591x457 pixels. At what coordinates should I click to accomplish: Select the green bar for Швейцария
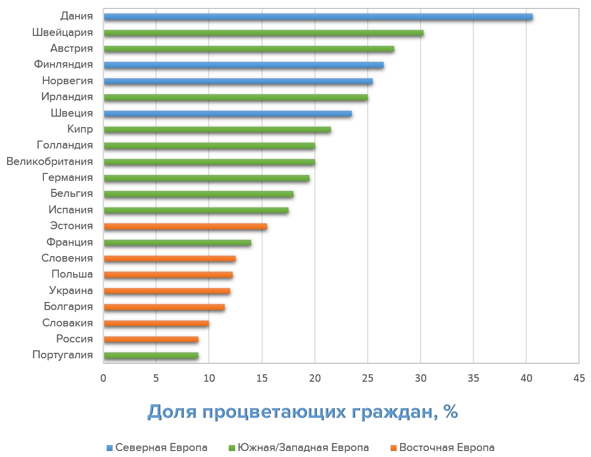(264, 33)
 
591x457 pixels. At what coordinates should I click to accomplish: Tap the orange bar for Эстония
(185, 226)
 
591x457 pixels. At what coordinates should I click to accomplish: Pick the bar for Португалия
(151, 355)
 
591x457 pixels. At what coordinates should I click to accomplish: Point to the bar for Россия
(151, 339)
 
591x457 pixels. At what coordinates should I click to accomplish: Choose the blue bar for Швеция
(228, 114)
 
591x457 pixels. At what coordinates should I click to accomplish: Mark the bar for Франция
(177, 243)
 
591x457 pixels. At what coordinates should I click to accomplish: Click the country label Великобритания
(49, 161)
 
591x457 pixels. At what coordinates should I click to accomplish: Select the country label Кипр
(80, 130)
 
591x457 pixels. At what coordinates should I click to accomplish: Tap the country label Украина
(71, 291)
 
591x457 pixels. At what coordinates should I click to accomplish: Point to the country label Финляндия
(63, 64)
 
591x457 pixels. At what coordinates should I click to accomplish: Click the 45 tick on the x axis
(579, 378)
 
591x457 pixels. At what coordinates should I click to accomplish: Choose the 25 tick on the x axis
(367, 378)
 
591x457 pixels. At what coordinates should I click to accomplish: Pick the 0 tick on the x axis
(104, 378)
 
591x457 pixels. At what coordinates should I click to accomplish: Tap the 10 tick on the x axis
(209, 378)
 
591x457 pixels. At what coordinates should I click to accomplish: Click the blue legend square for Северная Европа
(110, 448)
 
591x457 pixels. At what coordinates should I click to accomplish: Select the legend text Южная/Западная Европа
(303, 448)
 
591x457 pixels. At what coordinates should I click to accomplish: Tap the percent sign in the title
(451, 412)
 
